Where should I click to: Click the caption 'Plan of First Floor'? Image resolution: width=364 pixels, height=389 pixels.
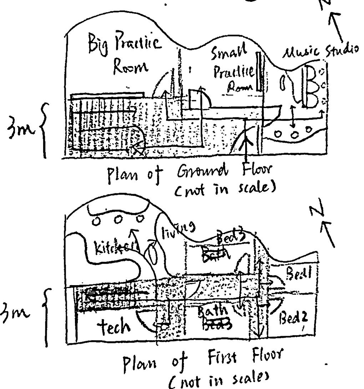[x=203, y=361]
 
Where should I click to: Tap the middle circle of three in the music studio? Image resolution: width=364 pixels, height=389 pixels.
[x=295, y=134]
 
